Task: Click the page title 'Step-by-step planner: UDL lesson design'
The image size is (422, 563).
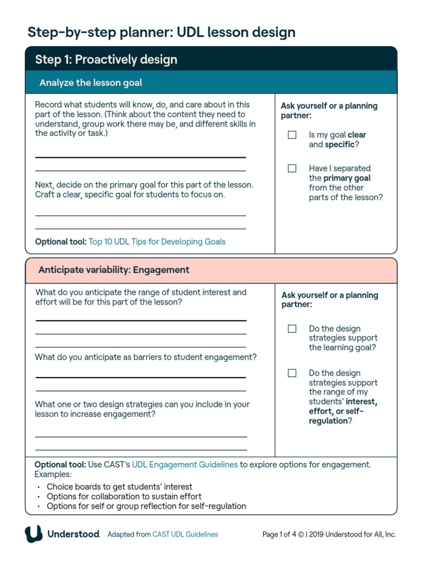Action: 162,32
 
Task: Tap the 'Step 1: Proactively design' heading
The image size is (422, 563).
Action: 106,59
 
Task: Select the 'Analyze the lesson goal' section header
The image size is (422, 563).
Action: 91,83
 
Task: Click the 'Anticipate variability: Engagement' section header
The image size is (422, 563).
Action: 114,270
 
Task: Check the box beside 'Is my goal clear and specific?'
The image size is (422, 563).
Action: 292,135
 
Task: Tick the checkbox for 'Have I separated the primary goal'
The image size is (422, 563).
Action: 292,168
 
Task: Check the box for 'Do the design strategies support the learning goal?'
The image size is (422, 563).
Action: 292,329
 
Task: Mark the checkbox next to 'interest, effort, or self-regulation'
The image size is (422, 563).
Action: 292,373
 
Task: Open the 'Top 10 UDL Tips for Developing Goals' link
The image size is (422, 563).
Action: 157,241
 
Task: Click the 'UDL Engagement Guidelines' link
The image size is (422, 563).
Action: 185,465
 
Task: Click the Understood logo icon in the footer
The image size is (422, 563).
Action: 34,534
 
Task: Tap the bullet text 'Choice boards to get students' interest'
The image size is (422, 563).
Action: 119,487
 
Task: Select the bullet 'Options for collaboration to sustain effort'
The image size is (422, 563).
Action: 124,496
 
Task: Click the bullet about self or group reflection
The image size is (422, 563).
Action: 146,506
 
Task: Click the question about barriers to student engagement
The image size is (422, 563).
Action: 146,357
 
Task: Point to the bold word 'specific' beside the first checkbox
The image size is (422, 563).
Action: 339,145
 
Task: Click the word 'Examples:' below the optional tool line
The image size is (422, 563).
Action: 53,474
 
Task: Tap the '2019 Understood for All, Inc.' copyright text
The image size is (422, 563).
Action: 352,534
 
